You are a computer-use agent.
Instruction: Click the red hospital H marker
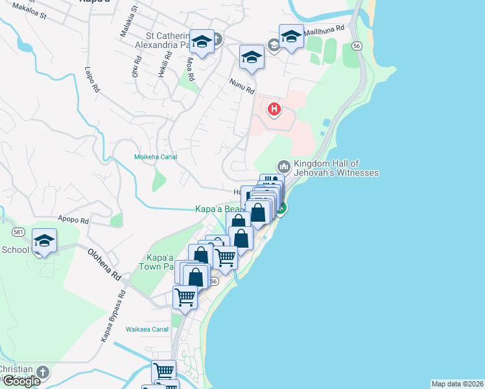tap(274, 110)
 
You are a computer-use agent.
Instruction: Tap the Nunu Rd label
tap(241, 84)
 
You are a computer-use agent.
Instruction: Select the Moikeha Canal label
tap(155, 157)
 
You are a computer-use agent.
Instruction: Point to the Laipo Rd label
tap(91, 78)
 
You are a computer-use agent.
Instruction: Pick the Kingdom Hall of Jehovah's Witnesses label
tap(336, 168)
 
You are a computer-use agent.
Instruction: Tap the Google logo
tap(21, 381)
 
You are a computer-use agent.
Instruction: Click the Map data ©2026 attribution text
tap(457, 384)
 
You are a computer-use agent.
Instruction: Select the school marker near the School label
tap(44, 241)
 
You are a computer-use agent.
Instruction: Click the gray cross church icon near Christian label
tap(43, 373)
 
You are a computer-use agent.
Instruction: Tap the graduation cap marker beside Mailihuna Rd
tap(291, 37)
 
